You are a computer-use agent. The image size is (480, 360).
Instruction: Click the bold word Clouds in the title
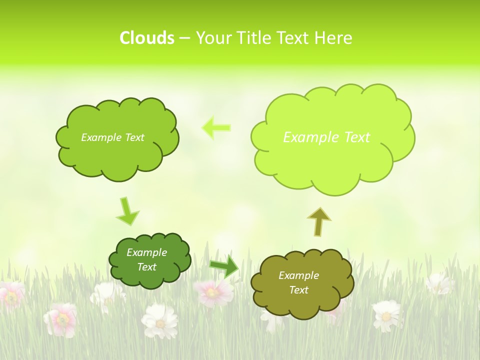(147, 38)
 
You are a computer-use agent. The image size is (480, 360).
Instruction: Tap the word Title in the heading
(252, 38)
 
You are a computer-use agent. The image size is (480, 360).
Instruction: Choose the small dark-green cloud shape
(149, 260)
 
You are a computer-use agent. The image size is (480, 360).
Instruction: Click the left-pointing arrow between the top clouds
(216, 127)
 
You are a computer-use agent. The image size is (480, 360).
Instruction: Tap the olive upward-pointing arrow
(319, 221)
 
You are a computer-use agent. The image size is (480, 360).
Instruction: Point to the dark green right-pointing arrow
(224, 267)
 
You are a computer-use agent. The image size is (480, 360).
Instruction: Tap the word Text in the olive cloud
(298, 290)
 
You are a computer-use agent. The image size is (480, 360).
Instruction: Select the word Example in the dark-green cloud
(147, 252)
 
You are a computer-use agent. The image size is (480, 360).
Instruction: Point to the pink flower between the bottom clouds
(213, 292)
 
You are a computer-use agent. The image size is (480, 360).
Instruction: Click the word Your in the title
(213, 38)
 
